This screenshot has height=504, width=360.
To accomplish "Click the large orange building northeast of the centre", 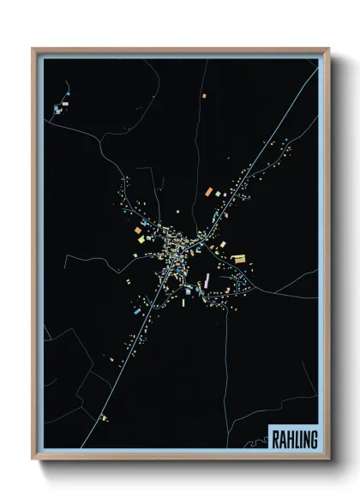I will point(208,190).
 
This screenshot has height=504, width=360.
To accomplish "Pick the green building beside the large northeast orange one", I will point(219,193).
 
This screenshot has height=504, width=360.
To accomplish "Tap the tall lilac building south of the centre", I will point(207,280).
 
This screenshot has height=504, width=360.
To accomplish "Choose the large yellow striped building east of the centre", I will point(240,258).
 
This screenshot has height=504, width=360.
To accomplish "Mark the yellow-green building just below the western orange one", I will point(137,241).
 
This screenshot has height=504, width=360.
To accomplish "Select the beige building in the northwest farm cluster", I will point(58,109).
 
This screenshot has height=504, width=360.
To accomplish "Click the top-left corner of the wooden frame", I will point(33,49).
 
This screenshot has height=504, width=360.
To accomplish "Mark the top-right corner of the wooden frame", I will point(329,49).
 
